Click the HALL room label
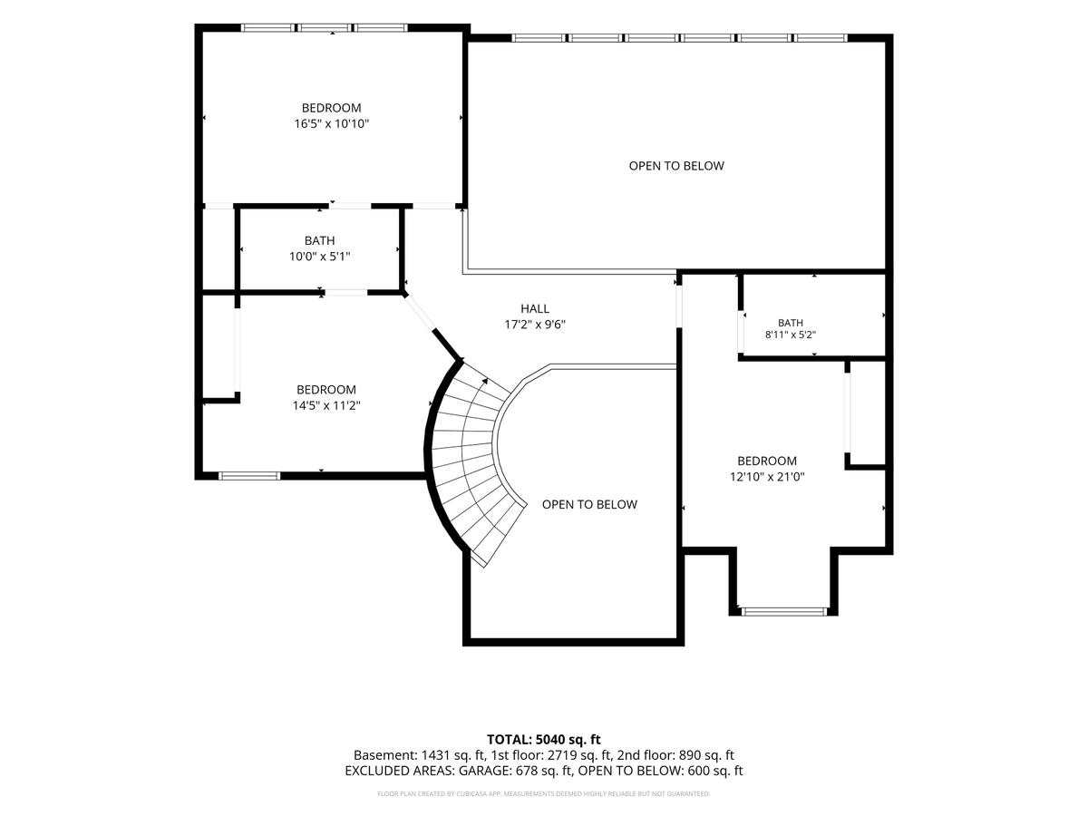pos(535,308)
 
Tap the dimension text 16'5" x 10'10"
pos(332,123)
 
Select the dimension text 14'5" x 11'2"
pos(326,405)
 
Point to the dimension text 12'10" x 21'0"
pos(767,477)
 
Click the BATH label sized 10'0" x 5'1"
pos(320,241)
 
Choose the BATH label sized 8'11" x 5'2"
pos(791,323)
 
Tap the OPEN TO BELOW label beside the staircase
pos(589,504)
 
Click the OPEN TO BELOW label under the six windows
pos(676,166)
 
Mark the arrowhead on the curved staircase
pos(485,381)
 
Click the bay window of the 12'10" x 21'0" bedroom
pos(784,611)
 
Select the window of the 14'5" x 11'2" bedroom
pos(249,476)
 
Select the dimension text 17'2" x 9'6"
pos(535,325)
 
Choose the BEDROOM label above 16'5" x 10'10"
pos(332,108)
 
